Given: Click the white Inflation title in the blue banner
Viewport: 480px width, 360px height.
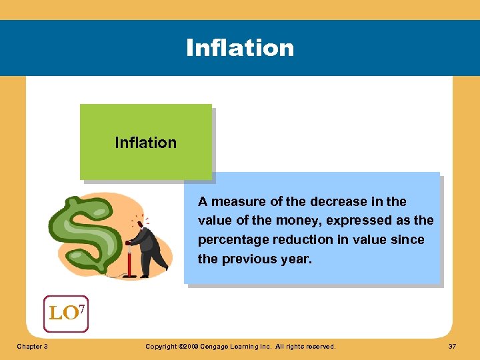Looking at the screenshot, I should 240,48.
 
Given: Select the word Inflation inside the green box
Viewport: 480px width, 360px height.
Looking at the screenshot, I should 145,143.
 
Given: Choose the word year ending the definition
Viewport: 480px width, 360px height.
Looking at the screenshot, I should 297,259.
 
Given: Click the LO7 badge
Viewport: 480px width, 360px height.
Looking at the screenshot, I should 65,313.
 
